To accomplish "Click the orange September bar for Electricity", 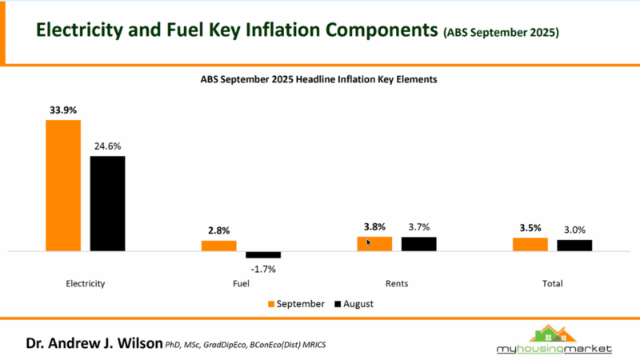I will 63,186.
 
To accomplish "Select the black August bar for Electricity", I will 107,203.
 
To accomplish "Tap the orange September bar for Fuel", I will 218,246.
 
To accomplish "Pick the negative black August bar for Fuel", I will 262,255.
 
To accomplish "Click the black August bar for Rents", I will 418,244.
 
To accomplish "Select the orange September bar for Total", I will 530,244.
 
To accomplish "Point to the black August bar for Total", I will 574,246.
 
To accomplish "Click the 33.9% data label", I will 63,111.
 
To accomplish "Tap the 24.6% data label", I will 107,146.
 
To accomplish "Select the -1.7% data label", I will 262,269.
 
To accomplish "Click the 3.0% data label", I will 574,230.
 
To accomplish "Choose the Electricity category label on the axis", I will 86,283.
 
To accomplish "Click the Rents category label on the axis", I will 397,283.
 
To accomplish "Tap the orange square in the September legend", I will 271,304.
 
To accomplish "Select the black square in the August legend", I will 338,304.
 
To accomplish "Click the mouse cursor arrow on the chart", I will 369,242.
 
